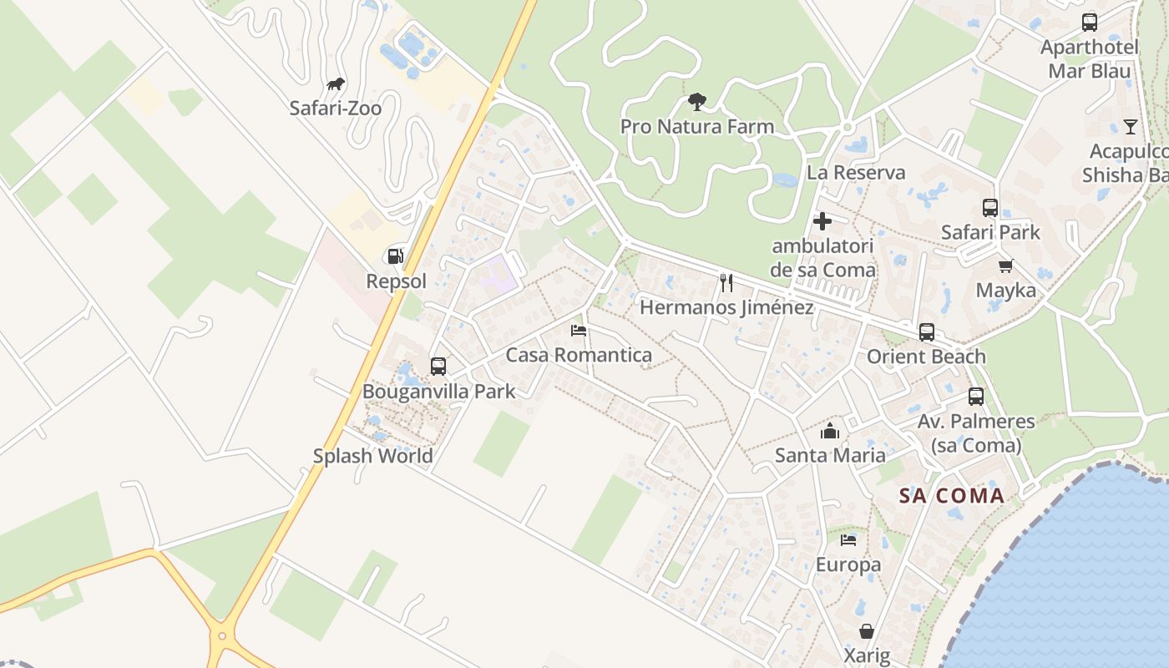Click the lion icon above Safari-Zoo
tap(336, 83)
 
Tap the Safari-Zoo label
tap(335, 108)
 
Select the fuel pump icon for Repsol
tap(396, 256)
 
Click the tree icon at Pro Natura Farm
tap(696, 102)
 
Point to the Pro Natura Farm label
tap(696, 127)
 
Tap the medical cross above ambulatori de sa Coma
tap(822, 221)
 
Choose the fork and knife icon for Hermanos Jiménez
tap(726, 283)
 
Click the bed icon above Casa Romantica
tap(579, 331)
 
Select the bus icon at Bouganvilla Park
tap(438, 366)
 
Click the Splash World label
tap(372, 456)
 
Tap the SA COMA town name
tap(951, 496)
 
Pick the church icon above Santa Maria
tap(829, 431)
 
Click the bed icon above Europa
tap(848, 540)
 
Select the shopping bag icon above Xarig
tap(867, 631)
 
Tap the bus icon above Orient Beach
tap(926, 332)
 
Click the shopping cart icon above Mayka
tap(1005, 266)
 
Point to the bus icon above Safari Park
tap(990, 208)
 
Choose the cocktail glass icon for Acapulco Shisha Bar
tap(1130, 127)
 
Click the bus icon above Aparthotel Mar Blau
tap(1090, 23)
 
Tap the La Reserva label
tap(856, 173)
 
